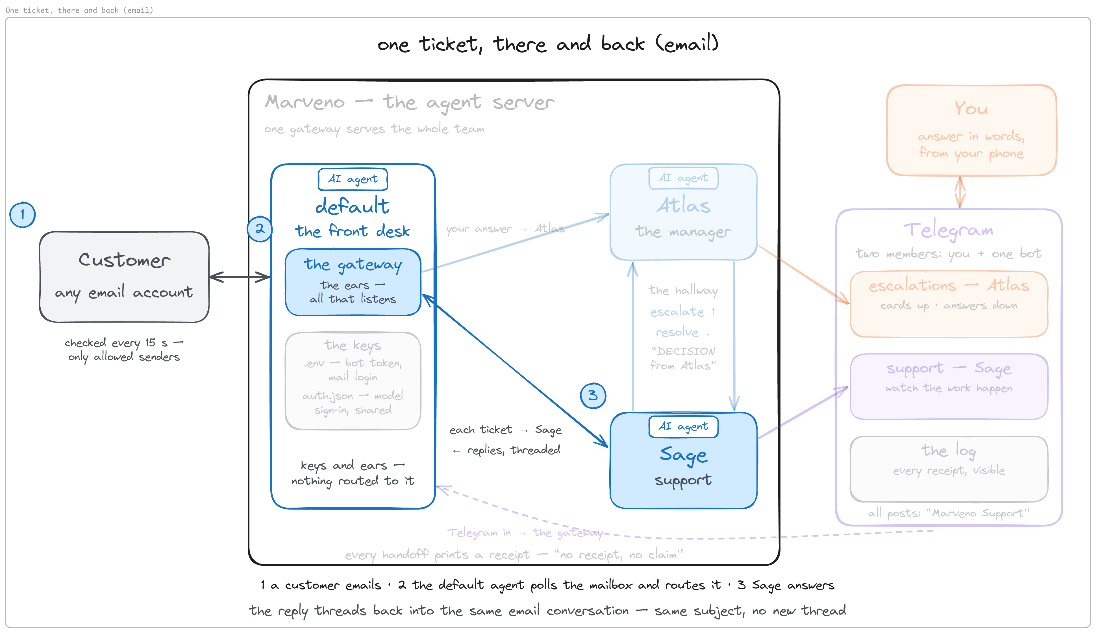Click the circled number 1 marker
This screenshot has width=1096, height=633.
point(22,215)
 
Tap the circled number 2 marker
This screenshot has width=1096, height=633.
point(260,229)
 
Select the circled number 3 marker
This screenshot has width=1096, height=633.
point(593,396)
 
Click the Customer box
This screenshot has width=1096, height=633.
point(124,277)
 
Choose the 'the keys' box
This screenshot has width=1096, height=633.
point(353,381)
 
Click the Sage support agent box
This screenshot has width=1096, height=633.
point(683,460)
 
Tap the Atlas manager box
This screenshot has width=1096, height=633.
point(683,212)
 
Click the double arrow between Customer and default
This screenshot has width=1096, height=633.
point(240,277)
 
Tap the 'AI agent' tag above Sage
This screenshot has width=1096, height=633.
point(683,427)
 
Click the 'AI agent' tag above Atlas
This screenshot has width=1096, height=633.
point(683,178)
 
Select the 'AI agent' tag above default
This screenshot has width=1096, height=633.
point(353,179)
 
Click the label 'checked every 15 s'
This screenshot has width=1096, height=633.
point(116,343)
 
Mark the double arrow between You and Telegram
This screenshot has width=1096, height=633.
point(960,192)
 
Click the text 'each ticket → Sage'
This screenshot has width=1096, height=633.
point(505,430)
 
